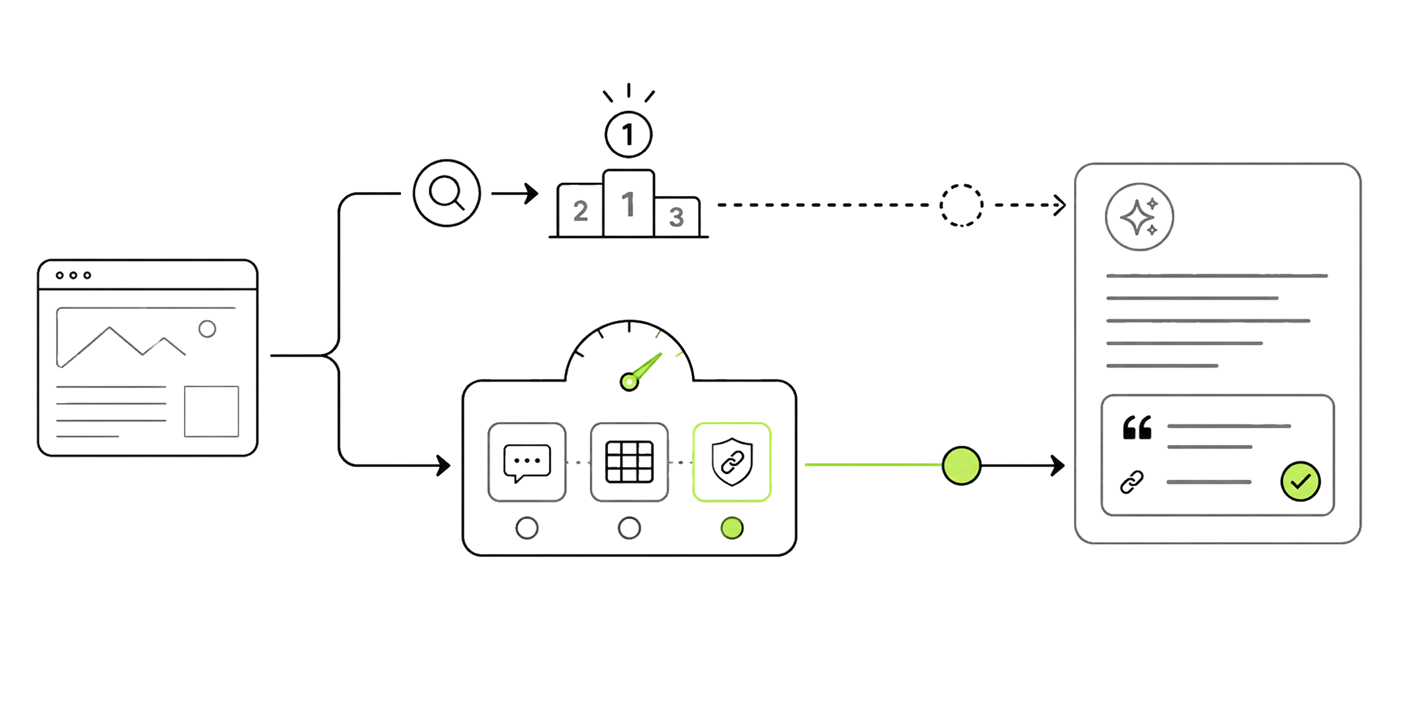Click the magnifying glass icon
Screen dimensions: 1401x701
point(446,193)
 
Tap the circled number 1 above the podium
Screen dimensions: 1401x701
point(628,135)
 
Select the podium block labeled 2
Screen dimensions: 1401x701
point(580,210)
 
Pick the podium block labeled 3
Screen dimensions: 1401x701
point(676,216)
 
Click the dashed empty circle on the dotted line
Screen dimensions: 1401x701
point(961,205)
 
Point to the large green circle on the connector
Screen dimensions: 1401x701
point(961,465)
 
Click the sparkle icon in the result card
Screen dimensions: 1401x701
point(1139,217)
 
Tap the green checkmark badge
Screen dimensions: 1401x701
point(1300,481)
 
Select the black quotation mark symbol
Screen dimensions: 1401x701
point(1137,427)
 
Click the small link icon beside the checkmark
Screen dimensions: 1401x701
point(1131,482)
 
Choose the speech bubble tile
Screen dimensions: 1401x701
point(527,462)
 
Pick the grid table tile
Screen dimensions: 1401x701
point(629,462)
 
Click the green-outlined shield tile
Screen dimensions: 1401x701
point(732,462)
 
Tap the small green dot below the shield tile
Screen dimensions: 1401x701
point(732,528)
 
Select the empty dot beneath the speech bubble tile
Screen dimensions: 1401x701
point(527,528)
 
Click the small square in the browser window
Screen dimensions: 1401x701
point(211,411)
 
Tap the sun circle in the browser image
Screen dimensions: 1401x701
point(207,328)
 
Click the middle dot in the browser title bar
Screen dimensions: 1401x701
point(73,275)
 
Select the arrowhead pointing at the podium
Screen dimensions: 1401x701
point(532,194)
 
